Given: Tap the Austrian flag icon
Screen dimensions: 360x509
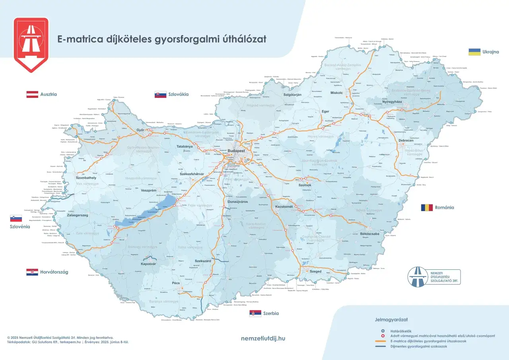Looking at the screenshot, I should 32,94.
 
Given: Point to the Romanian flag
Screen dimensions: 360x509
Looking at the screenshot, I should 427,207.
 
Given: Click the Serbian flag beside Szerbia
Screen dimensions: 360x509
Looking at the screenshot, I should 255,313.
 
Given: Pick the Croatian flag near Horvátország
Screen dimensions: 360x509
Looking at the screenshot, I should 32,272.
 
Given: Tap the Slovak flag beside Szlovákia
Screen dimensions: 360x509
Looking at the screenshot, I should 160,94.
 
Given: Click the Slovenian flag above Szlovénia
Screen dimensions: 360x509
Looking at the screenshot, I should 16,218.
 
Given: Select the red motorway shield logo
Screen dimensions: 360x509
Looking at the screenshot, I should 31,45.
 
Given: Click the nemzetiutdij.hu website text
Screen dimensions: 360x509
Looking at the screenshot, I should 263,339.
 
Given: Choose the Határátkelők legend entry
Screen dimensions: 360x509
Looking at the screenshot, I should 400,331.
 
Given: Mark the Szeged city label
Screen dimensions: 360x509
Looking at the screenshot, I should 316,271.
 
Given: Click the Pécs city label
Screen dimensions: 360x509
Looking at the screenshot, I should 176,283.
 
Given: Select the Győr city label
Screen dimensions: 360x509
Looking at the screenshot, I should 140,130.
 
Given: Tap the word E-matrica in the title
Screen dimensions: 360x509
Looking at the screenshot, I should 76,39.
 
